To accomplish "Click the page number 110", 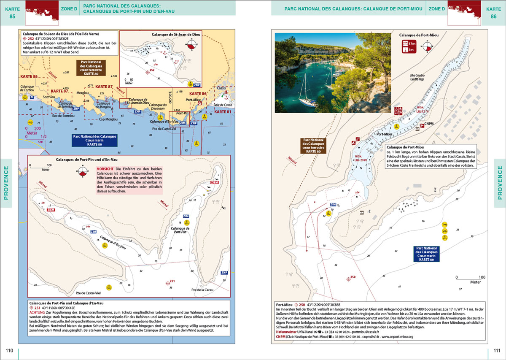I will pyautogui.click(x=9, y=351).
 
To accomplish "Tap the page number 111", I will pyautogui.click(x=496, y=351).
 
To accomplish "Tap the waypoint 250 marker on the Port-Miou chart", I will pyautogui.click(x=348, y=278).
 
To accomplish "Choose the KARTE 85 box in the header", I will pyautogui.click(x=12, y=12).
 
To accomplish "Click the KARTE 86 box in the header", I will pyautogui.click(x=494, y=12).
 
